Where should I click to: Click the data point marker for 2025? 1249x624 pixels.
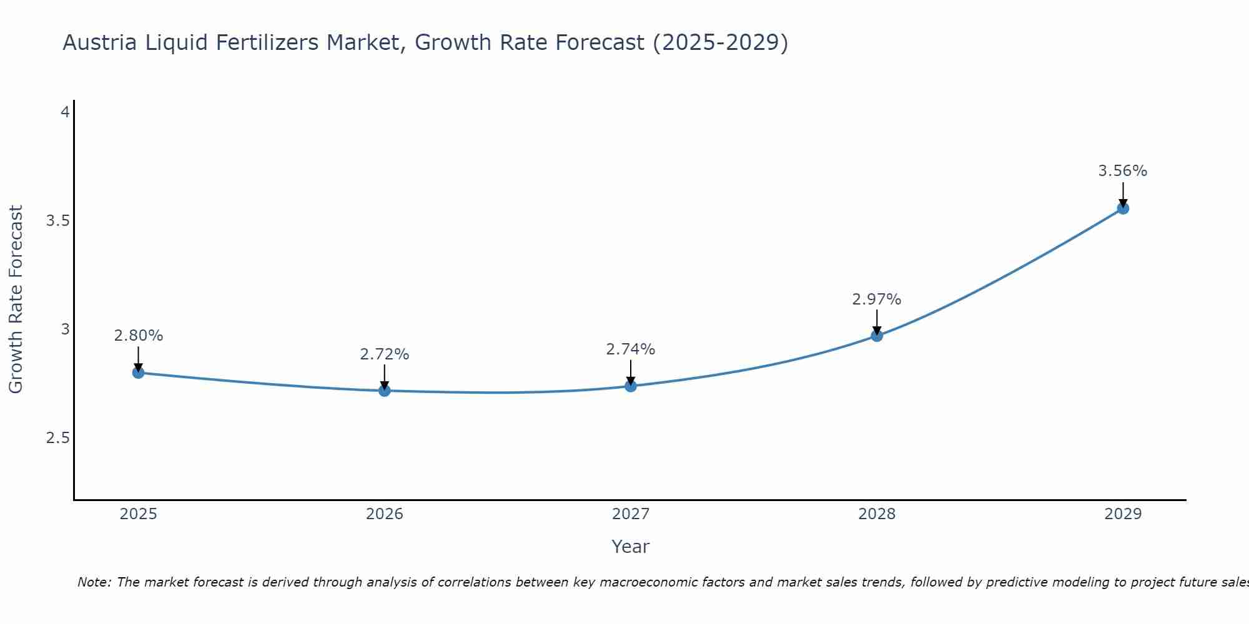pyautogui.click(x=138, y=373)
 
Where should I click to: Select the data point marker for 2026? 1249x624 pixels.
pyautogui.click(x=384, y=390)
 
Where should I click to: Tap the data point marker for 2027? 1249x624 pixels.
pyautogui.click(x=630, y=386)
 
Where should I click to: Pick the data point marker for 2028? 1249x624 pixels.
pyautogui.click(x=876, y=336)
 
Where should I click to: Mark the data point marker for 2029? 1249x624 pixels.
pyautogui.click(x=1122, y=208)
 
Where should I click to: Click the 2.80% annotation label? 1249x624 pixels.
pyautogui.click(x=138, y=336)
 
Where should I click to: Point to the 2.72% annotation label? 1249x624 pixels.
pyautogui.click(x=384, y=354)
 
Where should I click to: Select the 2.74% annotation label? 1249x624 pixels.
pyautogui.click(x=630, y=349)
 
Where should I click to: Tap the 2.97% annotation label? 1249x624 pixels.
pyautogui.click(x=876, y=300)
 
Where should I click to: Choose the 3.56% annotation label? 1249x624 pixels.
pyautogui.click(x=1122, y=171)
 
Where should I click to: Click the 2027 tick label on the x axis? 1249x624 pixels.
pyautogui.click(x=630, y=514)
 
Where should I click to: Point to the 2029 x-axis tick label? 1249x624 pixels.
pyautogui.click(x=1122, y=514)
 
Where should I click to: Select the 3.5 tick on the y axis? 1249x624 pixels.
pyautogui.click(x=57, y=221)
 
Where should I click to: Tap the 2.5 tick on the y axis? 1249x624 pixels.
pyautogui.click(x=57, y=438)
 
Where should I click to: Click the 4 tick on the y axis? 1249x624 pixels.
pyautogui.click(x=65, y=112)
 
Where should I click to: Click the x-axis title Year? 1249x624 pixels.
pyautogui.click(x=630, y=547)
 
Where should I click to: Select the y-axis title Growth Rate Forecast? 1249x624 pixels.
pyautogui.click(x=16, y=300)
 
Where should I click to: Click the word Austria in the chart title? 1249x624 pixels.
pyautogui.click(x=100, y=42)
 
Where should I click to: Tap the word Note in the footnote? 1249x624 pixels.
pyautogui.click(x=94, y=582)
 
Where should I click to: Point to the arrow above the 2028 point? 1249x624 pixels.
pyautogui.click(x=876, y=321)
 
